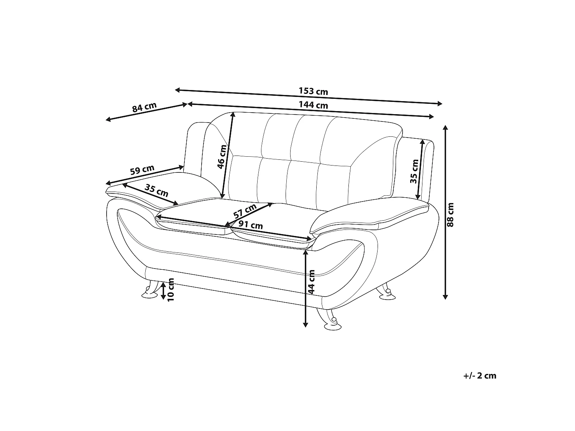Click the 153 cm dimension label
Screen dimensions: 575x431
[x=313, y=91]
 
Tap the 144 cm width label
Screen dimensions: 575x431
[x=313, y=105]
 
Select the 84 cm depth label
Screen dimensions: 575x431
[x=145, y=107]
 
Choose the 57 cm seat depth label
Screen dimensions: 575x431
[x=245, y=211]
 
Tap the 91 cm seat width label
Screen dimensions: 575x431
[x=250, y=225]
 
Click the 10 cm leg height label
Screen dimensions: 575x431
[x=170, y=290]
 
